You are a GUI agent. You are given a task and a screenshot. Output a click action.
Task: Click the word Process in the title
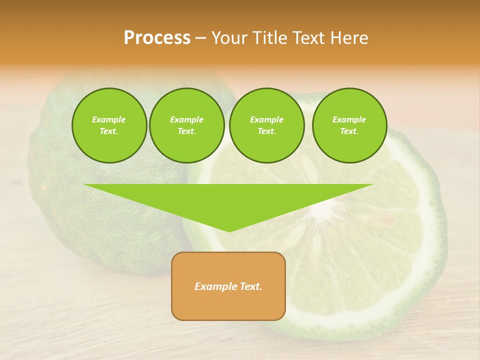[x=157, y=38]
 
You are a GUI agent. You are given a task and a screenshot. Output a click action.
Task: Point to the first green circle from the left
[x=109, y=125]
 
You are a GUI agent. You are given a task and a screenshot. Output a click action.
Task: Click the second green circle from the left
[x=186, y=125]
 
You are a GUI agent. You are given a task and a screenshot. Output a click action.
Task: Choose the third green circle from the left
[x=266, y=125]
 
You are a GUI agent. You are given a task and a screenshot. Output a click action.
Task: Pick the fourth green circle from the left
[x=349, y=125]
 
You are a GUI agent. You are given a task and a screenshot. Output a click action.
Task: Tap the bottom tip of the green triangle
[x=229, y=230]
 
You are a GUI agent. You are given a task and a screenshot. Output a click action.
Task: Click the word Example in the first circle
[x=109, y=119]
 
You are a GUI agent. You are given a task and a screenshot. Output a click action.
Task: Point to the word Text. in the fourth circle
[x=349, y=131]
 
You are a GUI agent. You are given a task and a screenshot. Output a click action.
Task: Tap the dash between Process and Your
[x=201, y=38]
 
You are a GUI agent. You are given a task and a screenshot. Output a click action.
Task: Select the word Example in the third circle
[x=266, y=119]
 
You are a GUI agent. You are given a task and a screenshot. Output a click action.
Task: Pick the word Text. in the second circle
[x=186, y=131]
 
